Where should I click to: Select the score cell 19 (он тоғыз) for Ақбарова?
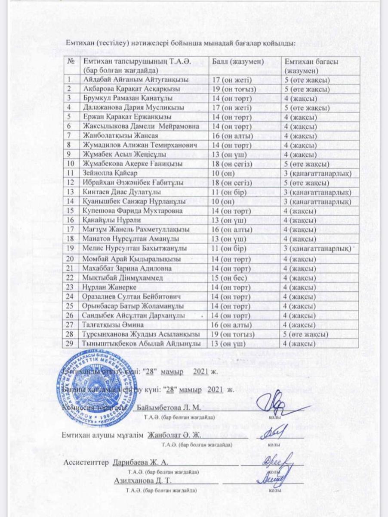coord(232,89)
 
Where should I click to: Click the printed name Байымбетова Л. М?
coord(168,407)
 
